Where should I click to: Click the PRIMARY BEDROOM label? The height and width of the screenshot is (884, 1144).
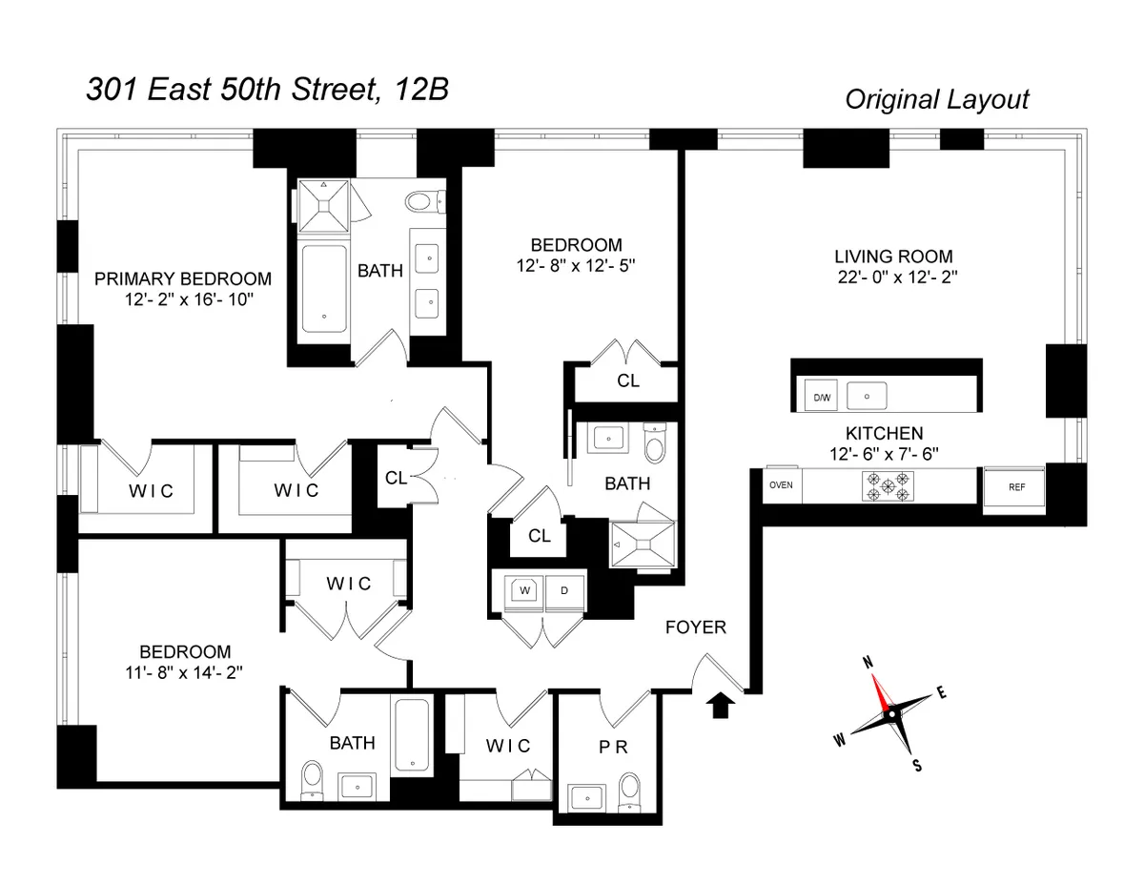pyautogui.click(x=182, y=279)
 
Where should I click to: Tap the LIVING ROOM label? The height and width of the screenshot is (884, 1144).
pyautogui.click(x=893, y=257)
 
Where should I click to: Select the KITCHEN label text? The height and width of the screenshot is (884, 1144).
pyautogui.click(x=884, y=433)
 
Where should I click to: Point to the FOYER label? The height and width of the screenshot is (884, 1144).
pyautogui.click(x=695, y=627)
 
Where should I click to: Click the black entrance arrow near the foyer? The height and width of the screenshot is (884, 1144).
pyautogui.click(x=721, y=705)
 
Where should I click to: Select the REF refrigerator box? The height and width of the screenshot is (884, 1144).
pyautogui.click(x=1016, y=486)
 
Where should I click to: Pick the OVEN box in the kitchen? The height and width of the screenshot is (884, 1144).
pyautogui.click(x=781, y=484)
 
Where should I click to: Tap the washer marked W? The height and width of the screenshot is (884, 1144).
pyautogui.click(x=523, y=590)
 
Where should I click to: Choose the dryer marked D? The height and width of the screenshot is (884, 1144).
pyautogui.click(x=563, y=590)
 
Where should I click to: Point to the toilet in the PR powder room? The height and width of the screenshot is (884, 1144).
pyautogui.click(x=628, y=790)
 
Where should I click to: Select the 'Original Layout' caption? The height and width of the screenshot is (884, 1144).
pyautogui.click(x=936, y=99)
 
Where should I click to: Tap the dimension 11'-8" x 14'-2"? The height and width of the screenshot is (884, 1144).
pyautogui.click(x=185, y=672)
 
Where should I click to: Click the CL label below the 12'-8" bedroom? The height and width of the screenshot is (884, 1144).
pyautogui.click(x=627, y=380)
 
